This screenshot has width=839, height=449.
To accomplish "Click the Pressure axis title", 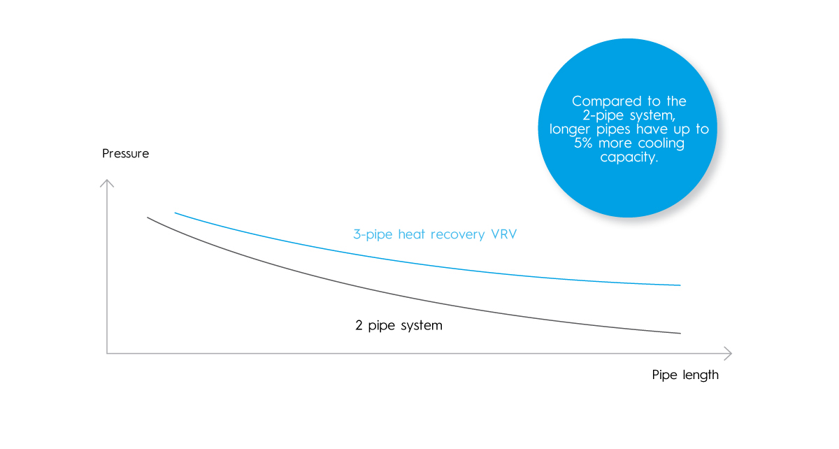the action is point(125,153).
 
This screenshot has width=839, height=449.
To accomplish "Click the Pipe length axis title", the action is point(685,375).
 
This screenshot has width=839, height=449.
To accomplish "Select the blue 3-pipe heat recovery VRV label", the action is point(435,234).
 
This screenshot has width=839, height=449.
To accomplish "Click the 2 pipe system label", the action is point(399,325).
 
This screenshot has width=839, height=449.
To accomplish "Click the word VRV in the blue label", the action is point(504,234).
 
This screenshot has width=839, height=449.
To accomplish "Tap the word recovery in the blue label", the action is point(458,235).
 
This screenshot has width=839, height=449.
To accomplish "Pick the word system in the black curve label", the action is point(422,326).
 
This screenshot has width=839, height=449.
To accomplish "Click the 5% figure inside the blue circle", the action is point(583,143).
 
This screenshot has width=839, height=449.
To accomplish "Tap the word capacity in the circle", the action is point(629,157).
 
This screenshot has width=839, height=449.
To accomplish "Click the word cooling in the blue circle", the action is point(661,143).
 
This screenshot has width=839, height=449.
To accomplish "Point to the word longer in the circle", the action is point(569,129).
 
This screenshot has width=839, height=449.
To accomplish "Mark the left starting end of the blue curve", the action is point(175,213).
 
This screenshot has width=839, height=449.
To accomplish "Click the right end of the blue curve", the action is point(680,285).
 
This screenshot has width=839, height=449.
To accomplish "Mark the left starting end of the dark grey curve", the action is point(148,218).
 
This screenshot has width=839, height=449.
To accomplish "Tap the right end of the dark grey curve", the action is point(680,333).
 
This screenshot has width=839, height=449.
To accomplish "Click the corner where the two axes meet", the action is point(107,353).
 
